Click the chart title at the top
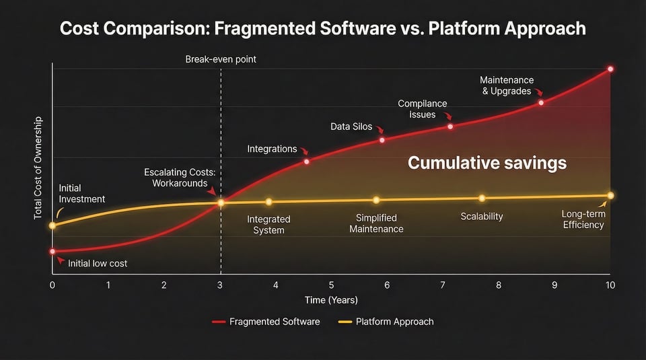pos(323,28)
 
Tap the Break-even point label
pos(221,59)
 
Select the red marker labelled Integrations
pos(307,161)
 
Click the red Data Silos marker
pos(382,140)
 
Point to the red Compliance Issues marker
pos(450,127)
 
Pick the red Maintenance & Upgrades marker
pos(541,102)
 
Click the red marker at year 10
pos(610,69)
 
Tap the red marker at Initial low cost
pos(52,252)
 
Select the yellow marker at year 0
pos(52,225)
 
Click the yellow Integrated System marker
pos(268,202)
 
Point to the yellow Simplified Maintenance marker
pos(376,200)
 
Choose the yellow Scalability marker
pos(482,198)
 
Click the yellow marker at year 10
pos(610,196)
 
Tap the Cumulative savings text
pos(487,163)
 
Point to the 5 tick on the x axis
pos(331,285)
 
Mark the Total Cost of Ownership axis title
pos(38,168)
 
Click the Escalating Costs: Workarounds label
pos(180,178)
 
